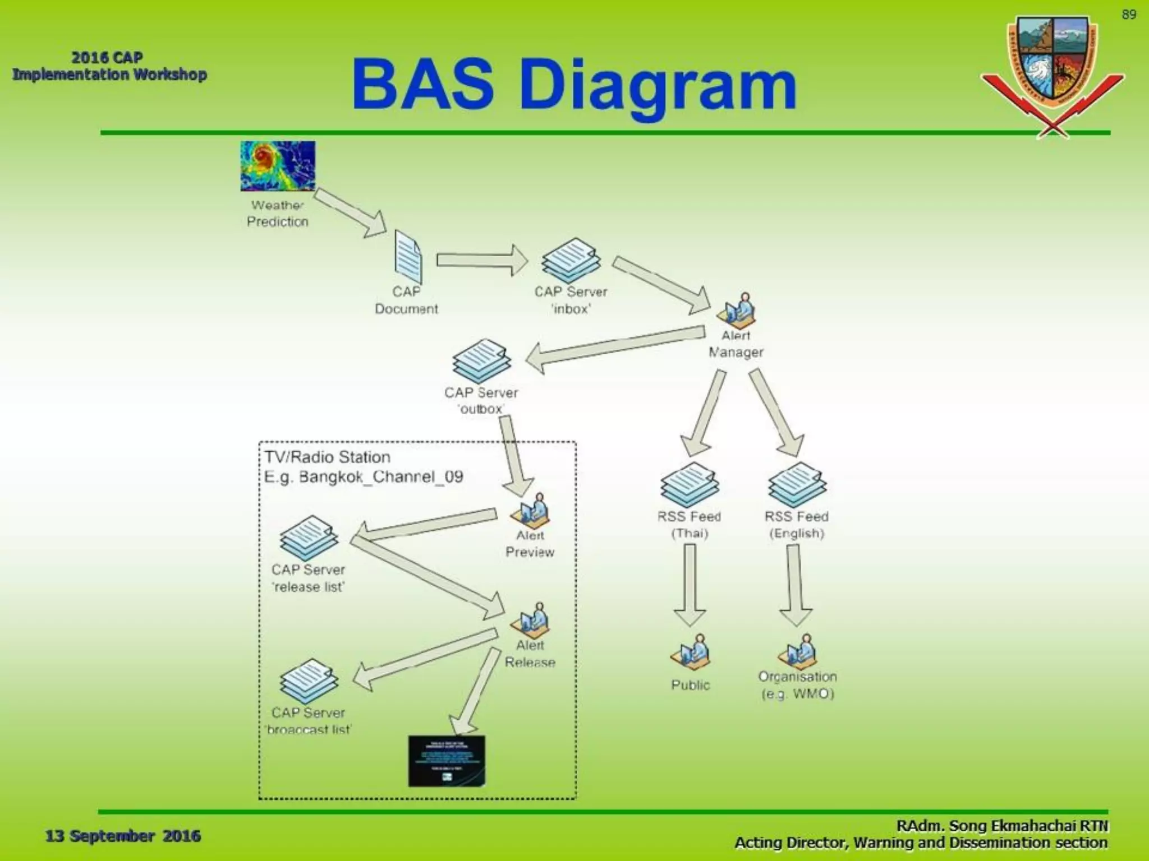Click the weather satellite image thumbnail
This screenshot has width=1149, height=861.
click(278, 166)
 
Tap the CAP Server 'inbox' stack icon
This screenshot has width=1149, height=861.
click(571, 260)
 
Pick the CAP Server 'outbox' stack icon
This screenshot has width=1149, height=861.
click(481, 361)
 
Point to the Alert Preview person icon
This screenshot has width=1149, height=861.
click(530, 510)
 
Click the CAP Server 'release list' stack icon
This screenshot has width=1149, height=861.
click(309, 538)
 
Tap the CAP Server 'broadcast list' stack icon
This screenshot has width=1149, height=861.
click(309, 681)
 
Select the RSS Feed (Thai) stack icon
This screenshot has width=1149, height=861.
click(690, 484)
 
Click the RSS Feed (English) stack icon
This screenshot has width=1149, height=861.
click(797, 484)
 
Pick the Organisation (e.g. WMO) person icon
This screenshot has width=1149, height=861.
click(797, 651)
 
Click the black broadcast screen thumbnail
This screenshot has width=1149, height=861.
click(447, 761)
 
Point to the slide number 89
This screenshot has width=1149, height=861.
click(1129, 15)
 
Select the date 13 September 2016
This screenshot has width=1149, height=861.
click(123, 836)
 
